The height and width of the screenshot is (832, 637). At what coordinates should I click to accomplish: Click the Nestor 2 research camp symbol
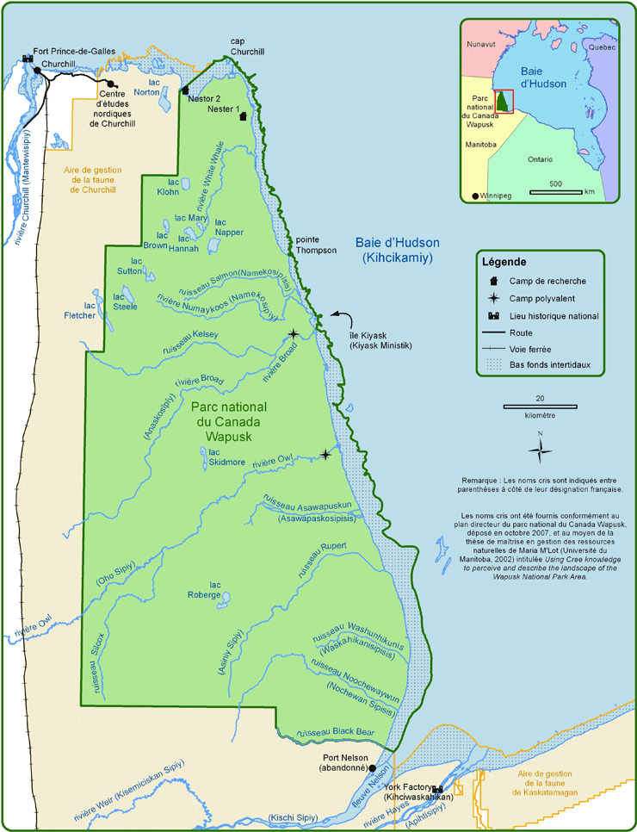tap(185, 90)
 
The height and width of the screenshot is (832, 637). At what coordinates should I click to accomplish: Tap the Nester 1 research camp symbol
tap(244, 116)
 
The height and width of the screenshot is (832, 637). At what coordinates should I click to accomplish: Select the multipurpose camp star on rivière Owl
tap(325, 454)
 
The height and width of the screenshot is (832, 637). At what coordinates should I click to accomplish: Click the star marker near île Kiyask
tap(294, 333)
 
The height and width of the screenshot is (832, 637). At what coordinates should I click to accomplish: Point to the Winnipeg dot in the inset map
tap(476, 196)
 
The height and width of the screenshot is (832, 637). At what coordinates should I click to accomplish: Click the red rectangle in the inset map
tap(504, 101)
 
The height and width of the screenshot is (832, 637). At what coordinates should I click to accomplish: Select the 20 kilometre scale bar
tap(540, 405)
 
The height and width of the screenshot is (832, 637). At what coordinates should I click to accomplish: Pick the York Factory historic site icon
tap(438, 789)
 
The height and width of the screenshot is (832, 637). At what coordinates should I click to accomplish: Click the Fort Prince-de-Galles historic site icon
tap(27, 59)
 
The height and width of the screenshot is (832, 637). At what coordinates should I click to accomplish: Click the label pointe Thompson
tap(313, 245)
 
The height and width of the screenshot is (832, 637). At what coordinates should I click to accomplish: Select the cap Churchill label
tap(248, 47)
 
